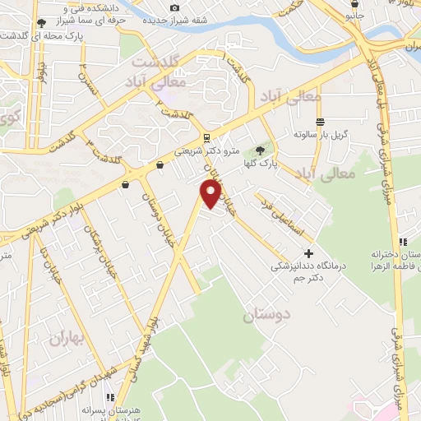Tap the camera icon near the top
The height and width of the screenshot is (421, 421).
[x=173, y=8]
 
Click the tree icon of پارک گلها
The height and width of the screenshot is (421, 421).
[x=261, y=150]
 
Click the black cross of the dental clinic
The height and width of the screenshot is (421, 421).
[x=309, y=252]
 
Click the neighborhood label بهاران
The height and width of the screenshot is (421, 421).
[x=67, y=338]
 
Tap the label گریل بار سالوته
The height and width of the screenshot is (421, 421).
[x=323, y=133]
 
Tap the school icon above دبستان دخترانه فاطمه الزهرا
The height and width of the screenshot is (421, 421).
[x=402, y=242]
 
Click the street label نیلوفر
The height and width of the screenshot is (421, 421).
[x=44, y=82]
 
